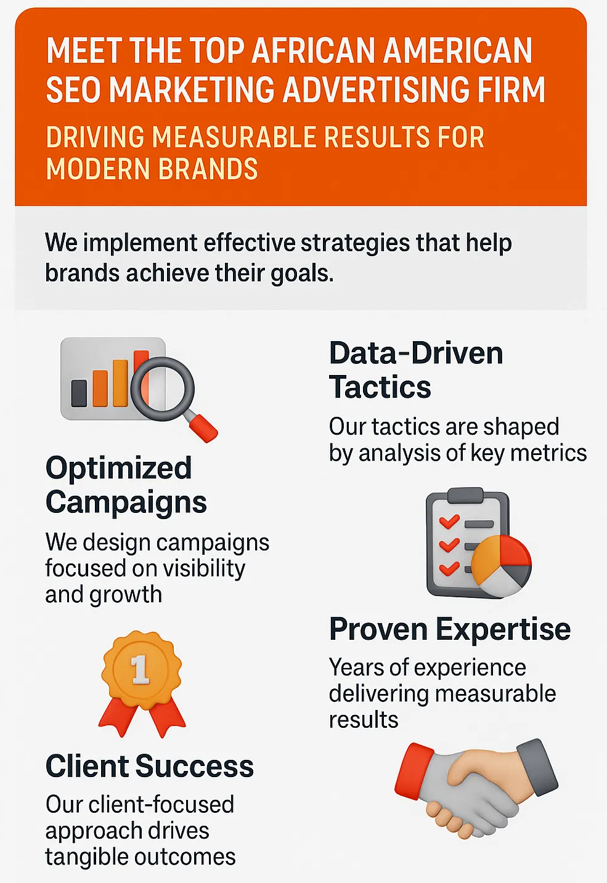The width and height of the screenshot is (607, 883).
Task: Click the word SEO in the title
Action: tap(74, 89)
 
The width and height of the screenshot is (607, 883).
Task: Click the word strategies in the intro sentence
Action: tap(356, 244)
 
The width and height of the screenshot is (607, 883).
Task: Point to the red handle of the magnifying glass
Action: tap(203, 428)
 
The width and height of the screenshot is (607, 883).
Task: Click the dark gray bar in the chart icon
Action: tap(79, 393)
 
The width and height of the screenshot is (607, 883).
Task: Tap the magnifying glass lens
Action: tap(162, 389)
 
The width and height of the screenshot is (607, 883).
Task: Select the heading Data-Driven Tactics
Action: tap(416, 369)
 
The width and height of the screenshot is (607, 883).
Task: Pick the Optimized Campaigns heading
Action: tap(126, 485)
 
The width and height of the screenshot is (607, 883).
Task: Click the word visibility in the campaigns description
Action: tap(205, 568)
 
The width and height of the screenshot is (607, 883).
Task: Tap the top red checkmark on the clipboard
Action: tap(449, 521)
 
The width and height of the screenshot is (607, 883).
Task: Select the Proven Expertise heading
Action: tap(450, 629)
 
